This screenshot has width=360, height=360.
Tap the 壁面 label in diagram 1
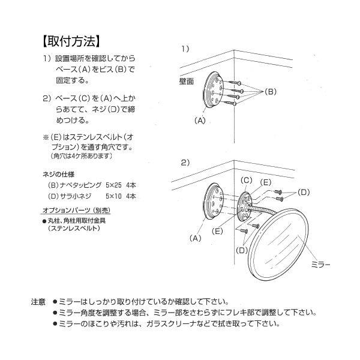click(187, 81)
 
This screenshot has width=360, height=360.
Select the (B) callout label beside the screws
click(270, 91)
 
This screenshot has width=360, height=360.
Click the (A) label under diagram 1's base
click(200, 120)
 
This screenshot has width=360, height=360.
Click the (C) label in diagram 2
click(246, 180)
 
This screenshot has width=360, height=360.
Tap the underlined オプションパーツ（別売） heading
click(76, 211)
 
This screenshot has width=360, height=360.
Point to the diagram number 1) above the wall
click(185, 47)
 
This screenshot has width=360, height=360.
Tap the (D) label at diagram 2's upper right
click(304, 192)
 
